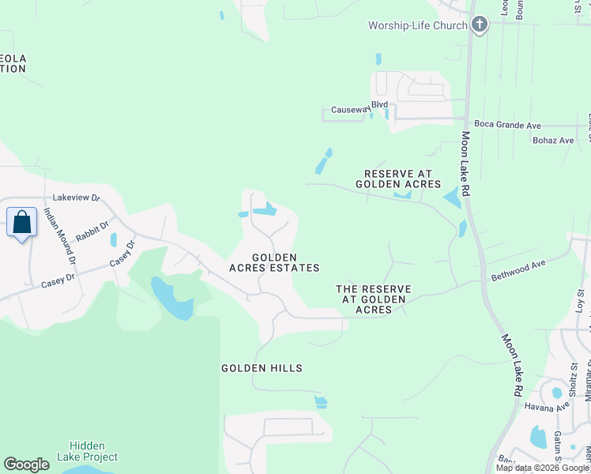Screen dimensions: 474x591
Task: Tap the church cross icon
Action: [x=479, y=25]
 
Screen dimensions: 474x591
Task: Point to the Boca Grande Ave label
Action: [x=507, y=125]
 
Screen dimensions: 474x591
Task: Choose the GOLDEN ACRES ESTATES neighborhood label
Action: [x=274, y=262]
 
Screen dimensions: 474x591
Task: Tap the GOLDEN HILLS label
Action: [x=262, y=368]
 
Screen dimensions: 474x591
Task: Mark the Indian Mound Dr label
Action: [x=60, y=235]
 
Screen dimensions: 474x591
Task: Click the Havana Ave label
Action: [x=547, y=406]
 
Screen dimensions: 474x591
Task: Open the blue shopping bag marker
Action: [x=22, y=223]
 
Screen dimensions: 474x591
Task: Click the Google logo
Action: [x=26, y=465]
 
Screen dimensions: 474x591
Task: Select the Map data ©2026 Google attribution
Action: [x=541, y=468]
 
